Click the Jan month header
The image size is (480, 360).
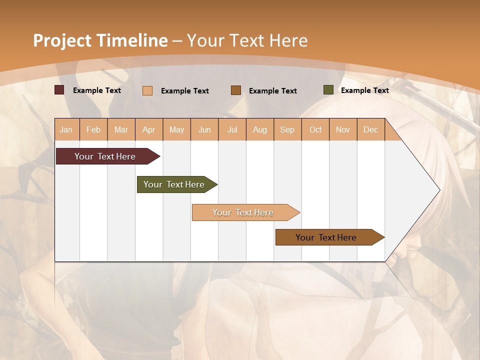click(x=66, y=129)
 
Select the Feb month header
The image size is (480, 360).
click(x=93, y=129)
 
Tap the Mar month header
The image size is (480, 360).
click(x=121, y=129)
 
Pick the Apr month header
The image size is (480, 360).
click(x=149, y=129)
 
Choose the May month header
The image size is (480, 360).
click(x=176, y=129)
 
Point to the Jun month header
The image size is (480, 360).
click(x=204, y=129)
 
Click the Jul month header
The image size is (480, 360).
click(x=232, y=129)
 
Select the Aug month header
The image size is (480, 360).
click(x=260, y=129)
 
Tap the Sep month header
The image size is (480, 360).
click(x=287, y=129)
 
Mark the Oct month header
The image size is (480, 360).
click(x=315, y=129)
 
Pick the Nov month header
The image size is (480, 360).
click(x=343, y=129)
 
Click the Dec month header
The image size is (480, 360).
click(x=371, y=129)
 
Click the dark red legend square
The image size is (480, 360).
click(x=59, y=90)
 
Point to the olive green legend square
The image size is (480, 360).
click(x=328, y=90)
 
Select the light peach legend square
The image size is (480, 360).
click(x=147, y=90)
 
